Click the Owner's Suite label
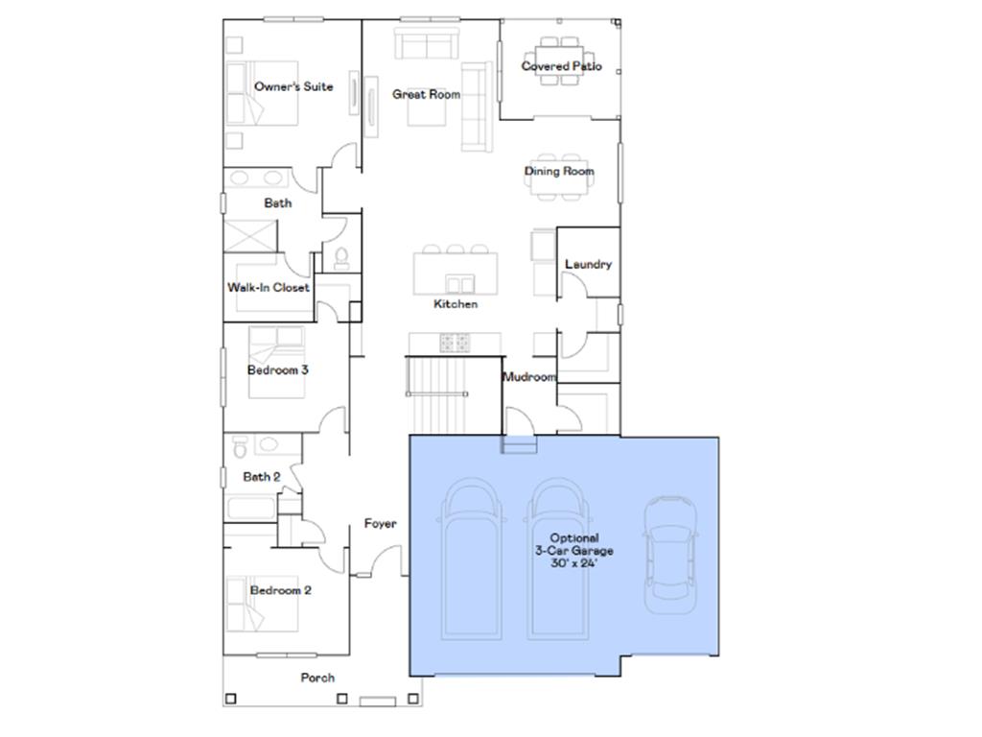coord(293,87)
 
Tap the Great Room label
coord(426,95)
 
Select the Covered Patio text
coord(561,66)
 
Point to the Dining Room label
coord(559,172)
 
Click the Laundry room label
coord(588,264)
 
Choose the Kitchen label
coord(456,304)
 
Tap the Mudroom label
coord(529,377)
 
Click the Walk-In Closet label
coord(269,287)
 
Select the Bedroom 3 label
coord(277,369)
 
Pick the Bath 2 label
coord(262,476)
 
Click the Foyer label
coord(380,524)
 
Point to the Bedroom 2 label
coord(280,591)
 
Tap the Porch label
coord(317,678)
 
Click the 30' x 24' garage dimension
coord(573,563)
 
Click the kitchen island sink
coord(461,283)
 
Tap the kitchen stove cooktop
coord(456,341)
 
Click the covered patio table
coord(560,60)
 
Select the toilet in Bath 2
coord(240,446)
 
